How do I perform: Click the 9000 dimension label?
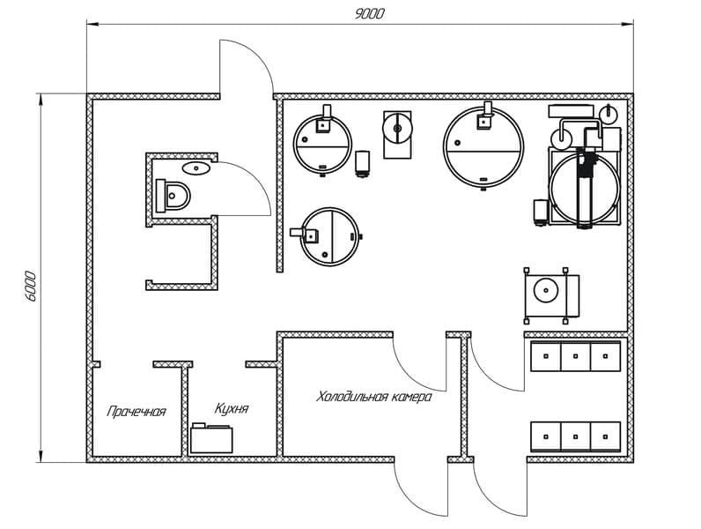[369, 13]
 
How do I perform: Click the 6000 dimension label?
[30, 287]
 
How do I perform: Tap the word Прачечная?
[137, 411]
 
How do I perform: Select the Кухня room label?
[232, 408]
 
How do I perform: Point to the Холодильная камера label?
[374, 397]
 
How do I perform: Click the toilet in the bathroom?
[173, 196]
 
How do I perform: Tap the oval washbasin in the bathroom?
[196, 168]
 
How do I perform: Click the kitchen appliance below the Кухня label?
[211, 437]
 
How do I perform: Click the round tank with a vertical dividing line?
[330, 236]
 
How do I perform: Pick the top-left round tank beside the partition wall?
[322, 143]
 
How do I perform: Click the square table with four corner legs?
[551, 295]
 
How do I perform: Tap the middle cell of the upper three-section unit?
[575, 356]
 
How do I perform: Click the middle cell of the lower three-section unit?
[575, 436]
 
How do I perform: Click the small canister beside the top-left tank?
[362, 164]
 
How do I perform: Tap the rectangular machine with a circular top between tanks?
[397, 134]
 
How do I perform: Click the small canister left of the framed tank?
[541, 212]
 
